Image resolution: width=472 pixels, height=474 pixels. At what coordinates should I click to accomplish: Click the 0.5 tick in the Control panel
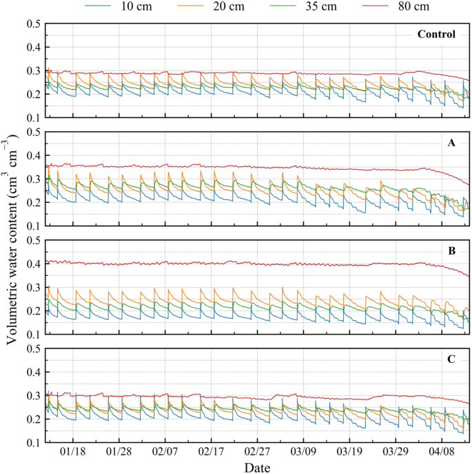point(32,24)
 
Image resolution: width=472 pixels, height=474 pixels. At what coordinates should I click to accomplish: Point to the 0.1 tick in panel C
point(32,443)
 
